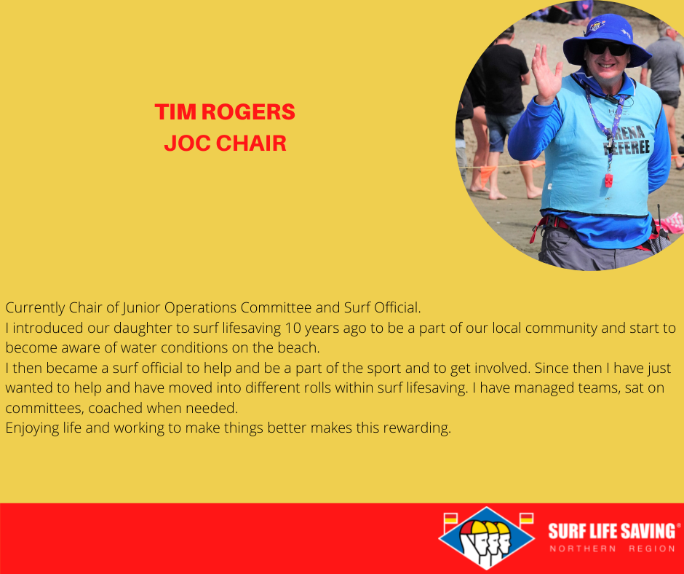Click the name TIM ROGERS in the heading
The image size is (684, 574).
[x=225, y=112]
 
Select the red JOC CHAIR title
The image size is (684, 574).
[x=225, y=143]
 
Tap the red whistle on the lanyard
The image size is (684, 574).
[x=608, y=180]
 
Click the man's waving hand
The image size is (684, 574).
[x=546, y=75]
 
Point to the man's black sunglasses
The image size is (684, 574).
[x=607, y=47]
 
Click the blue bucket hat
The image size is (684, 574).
[x=607, y=39]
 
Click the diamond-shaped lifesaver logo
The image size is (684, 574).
[x=486, y=538]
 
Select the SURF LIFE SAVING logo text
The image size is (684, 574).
[x=612, y=531]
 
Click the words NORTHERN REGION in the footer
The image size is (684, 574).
[x=613, y=549]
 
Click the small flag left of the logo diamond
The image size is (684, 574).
[x=450, y=520]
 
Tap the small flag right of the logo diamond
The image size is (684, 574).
[x=527, y=519]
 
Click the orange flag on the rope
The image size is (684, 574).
[x=488, y=174]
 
